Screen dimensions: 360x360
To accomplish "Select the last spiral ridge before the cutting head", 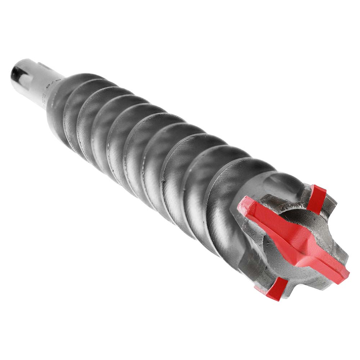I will click(x=230, y=180).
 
